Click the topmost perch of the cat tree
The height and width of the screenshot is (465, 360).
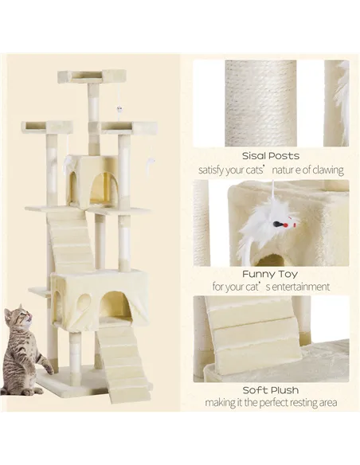[x=92, y=76]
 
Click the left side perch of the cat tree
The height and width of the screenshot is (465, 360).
[x=47, y=127]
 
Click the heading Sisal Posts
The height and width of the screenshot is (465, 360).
[x=272, y=155]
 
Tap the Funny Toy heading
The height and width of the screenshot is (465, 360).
[x=272, y=273]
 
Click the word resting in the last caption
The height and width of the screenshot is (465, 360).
[x=299, y=403]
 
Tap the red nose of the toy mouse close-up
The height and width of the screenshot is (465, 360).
[x=276, y=225]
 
